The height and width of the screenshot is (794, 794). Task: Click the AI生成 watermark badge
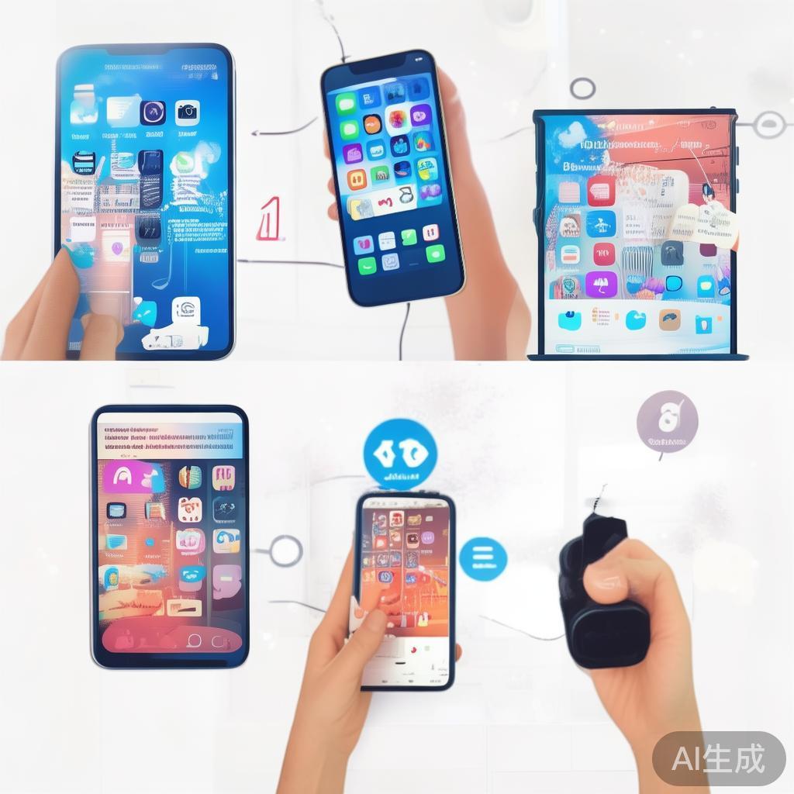pyautogui.click(x=718, y=758)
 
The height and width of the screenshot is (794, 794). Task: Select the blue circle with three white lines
pyautogui.click(x=482, y=558)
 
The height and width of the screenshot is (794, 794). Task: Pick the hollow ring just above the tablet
pyautogui.click(x=582, y=88)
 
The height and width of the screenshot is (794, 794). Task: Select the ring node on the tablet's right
pyautogui.click(x=769, y=124)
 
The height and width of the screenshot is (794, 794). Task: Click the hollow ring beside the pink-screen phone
pyautogui.click(x=285, y=551)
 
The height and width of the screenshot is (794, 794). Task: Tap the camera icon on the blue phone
pyautogui.click(x=187, y=112)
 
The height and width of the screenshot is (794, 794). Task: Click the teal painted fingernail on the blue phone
pyautogui.click(x=79, y=254)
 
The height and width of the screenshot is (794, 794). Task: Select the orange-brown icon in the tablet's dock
pyautogui.click(x=669, y=319)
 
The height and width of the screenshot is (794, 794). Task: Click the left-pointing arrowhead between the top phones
pyautogui.click(x=256, y=133)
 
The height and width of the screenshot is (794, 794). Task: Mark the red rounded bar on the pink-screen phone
pyautogui.click(x=171, y=639)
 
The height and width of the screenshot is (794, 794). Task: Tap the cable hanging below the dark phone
pyautogui.click(x=402, y=330)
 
